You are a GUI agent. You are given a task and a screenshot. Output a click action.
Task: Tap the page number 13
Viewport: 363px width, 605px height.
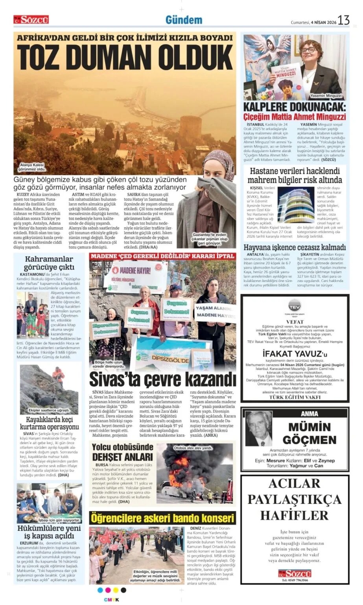(x=343, y=20)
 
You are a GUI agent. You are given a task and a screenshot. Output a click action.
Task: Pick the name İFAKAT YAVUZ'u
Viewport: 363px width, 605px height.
(x=295, y=353)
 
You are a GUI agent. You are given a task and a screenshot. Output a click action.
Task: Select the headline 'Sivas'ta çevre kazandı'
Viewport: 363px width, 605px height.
(x=162, y=379)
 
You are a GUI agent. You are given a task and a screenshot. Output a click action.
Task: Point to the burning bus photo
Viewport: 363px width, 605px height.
(x=195, y=473)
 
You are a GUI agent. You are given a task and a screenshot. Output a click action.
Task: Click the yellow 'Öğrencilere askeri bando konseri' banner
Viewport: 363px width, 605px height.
(x=162, y=518)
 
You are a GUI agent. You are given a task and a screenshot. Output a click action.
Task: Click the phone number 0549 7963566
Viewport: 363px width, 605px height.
(x=295, y=580)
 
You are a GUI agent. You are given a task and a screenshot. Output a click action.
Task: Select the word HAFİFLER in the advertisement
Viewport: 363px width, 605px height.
(x=295, y=515)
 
